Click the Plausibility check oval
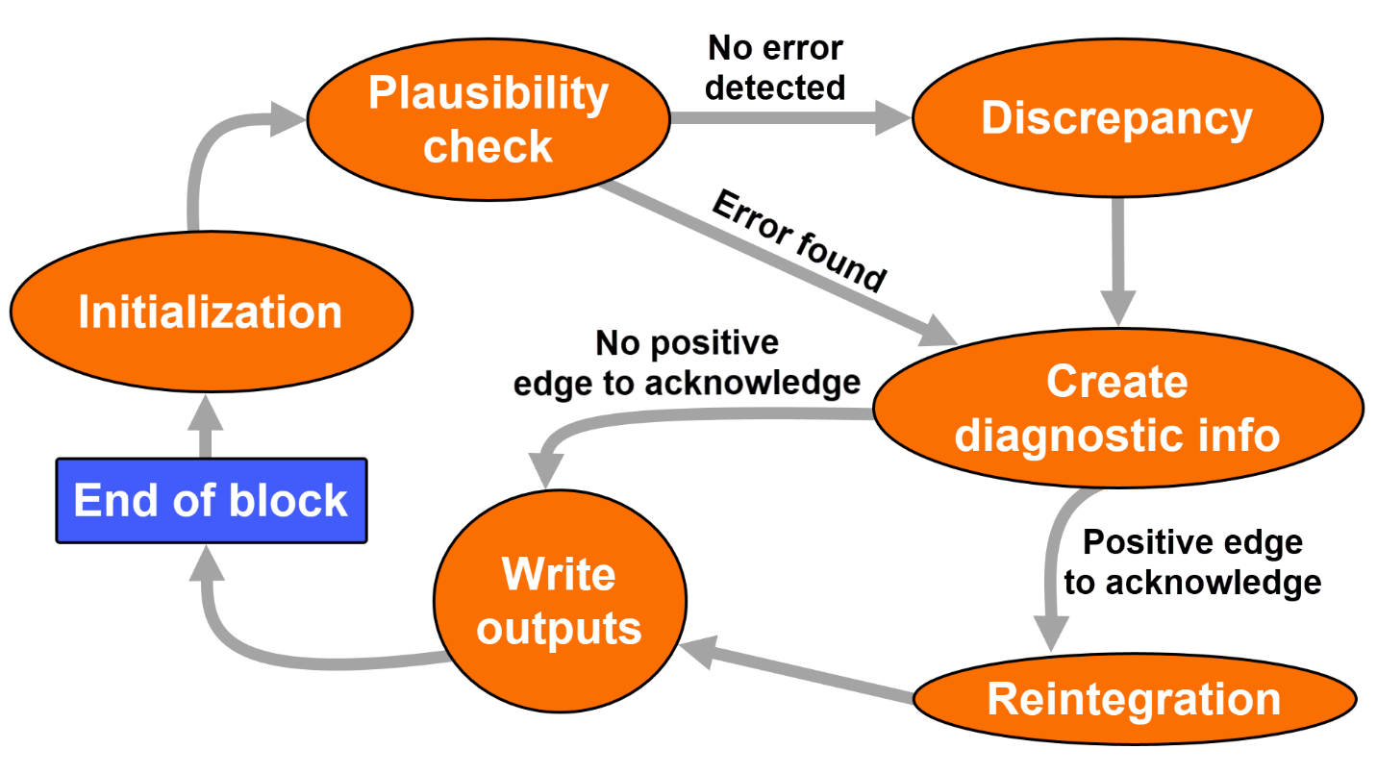point(488,120)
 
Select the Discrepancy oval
point(1115,119)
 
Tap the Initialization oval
point(211,312)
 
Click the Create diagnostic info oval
point(1115,409)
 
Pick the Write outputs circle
point(559,601)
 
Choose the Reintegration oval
point(1134,700)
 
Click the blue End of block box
point(211,501)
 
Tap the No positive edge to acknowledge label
point(687,363)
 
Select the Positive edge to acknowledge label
point(1192,562)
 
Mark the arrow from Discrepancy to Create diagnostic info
point(1116,260)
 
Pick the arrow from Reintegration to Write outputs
point(798,673)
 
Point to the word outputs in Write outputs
point(559,629)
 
